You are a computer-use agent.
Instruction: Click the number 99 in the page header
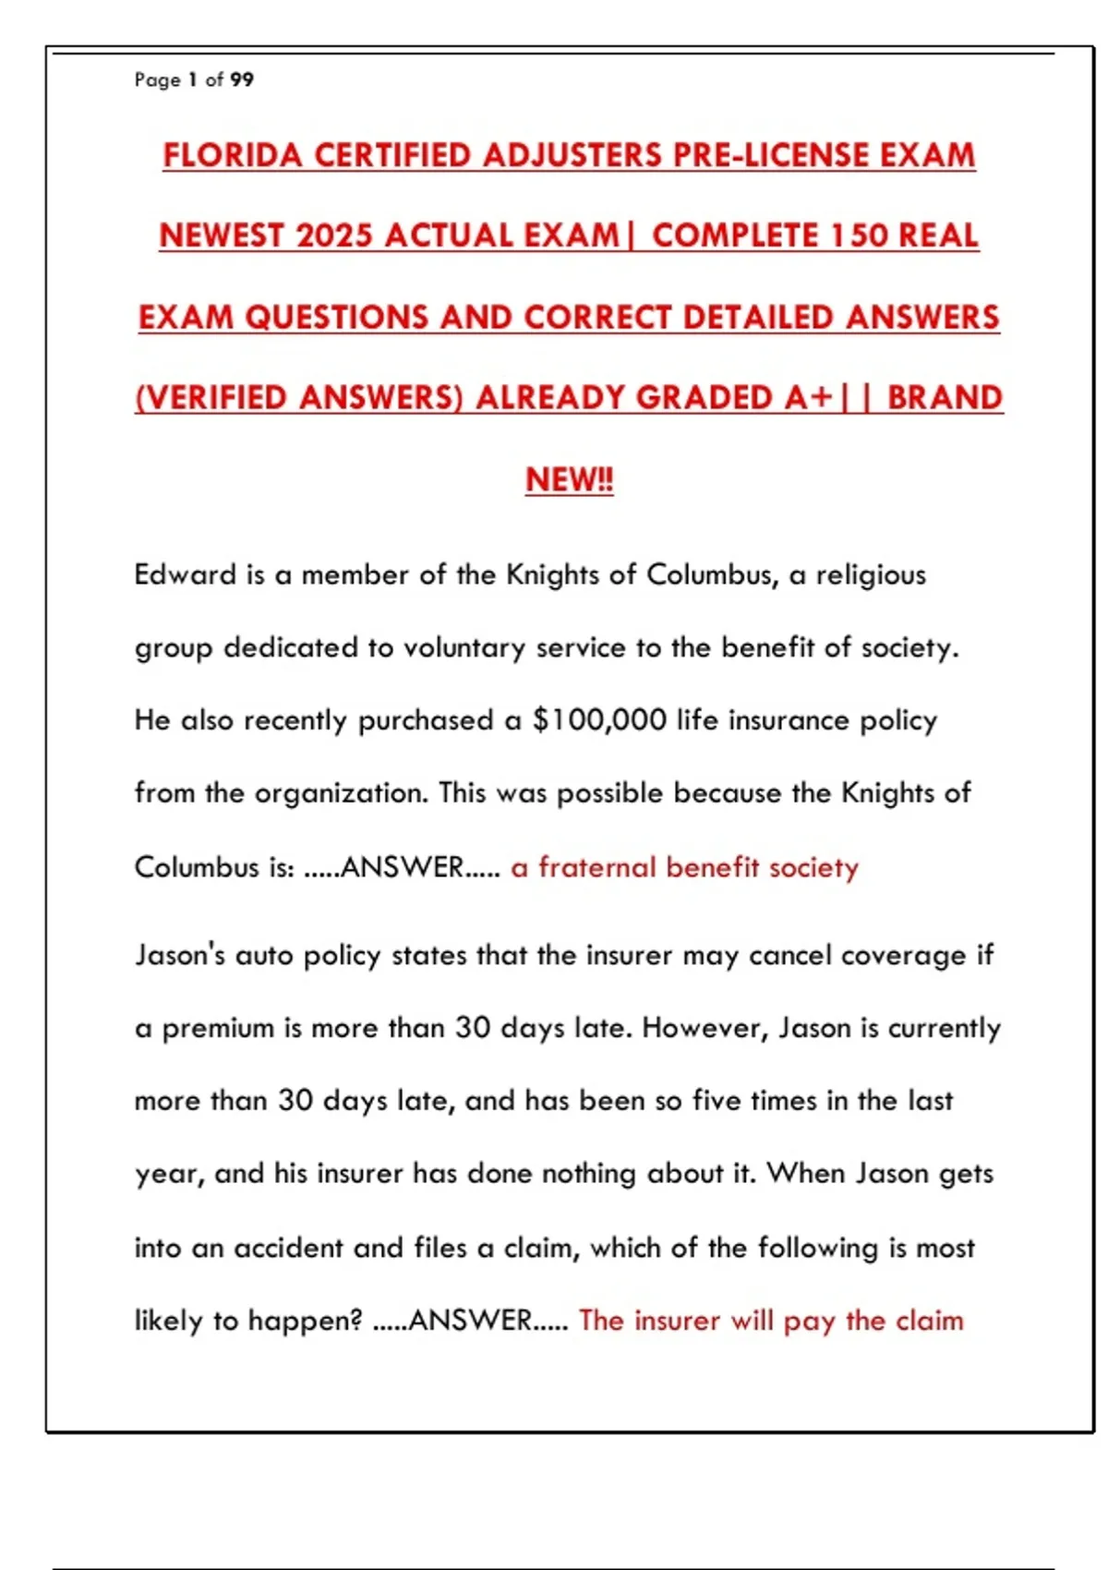tap(242, 79)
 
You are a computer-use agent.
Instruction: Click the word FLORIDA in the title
tap(232, 155)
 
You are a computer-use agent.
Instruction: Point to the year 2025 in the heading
tap(334, 235)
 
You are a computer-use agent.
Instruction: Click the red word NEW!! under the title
tap(569, 479)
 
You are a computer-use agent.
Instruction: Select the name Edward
tap(186, 574)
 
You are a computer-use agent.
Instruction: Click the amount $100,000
tap(599, 720)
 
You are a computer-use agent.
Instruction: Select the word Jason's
tap(179, 954)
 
